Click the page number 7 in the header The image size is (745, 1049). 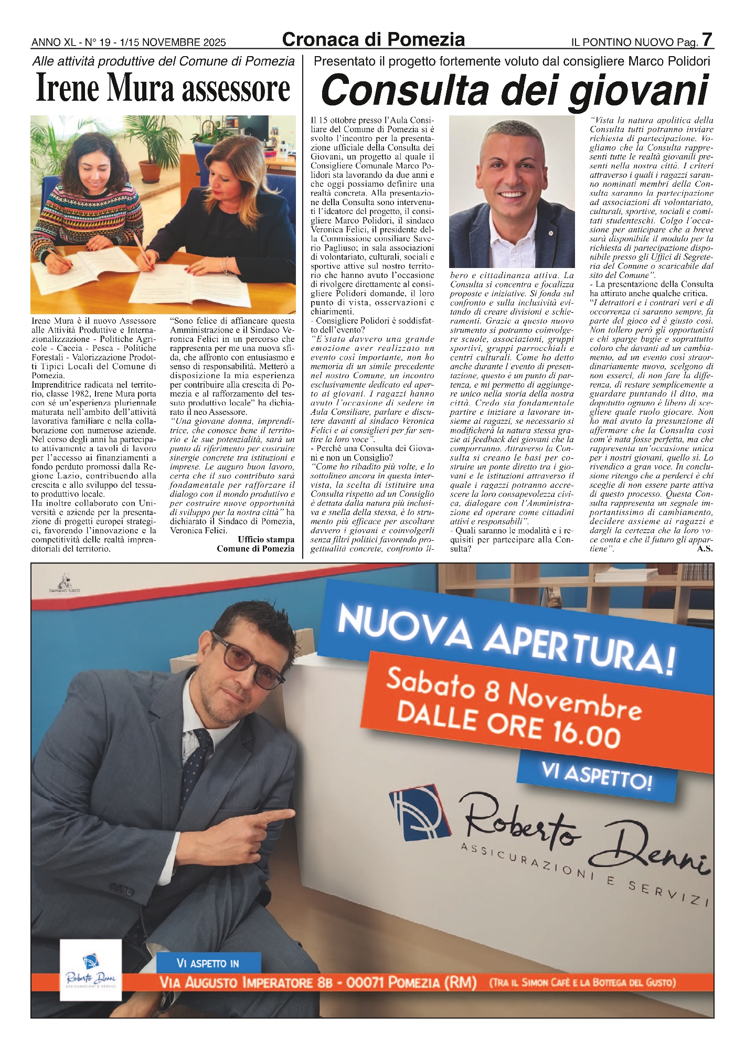(707, 40)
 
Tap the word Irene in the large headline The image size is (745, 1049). (69, 89)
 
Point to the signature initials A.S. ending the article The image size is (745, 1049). (704, 549)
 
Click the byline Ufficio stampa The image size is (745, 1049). (266, 539)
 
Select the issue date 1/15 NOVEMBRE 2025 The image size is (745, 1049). (173, 42)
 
